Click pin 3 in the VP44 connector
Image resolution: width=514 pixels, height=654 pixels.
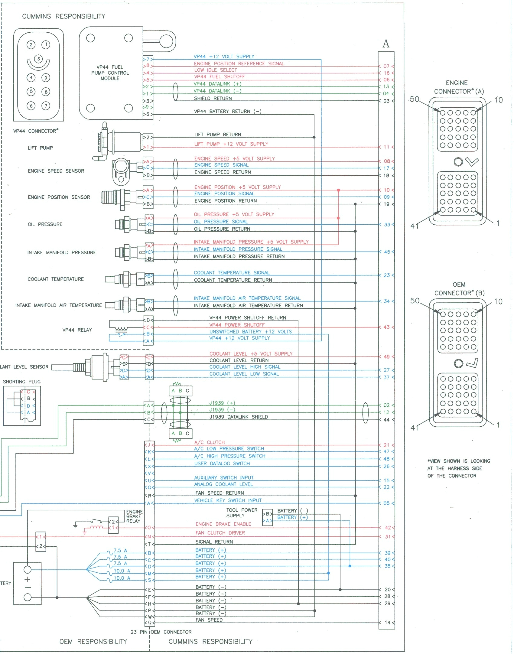click(x=38, y=59)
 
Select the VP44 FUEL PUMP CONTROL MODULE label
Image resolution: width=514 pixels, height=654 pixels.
click(x=110, y=73)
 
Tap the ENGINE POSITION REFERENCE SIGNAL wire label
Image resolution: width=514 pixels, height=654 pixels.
click(x=239, y=63)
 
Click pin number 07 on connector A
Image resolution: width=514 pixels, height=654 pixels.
click(x=386, y=66)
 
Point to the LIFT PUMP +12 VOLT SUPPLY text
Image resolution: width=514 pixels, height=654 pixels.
click(x=231, y=144)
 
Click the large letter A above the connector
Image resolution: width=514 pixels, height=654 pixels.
click(x=386, y=44)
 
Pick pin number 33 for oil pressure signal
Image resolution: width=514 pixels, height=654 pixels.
click(x=387, y=225)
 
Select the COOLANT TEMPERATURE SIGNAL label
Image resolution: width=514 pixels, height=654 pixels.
click(x=232, y=273)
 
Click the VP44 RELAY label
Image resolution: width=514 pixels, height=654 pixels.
click(x=77, y=330)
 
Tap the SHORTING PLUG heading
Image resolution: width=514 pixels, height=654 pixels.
click(x=22, y=382)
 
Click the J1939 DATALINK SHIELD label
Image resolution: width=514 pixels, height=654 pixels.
click(x=239, y=417)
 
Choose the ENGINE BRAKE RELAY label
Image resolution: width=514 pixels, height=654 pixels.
click(x=134, y=516)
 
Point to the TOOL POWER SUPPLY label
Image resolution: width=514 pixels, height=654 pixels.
click(x=242, y=513)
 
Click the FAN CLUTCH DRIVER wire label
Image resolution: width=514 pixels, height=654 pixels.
click(x=220, y=533)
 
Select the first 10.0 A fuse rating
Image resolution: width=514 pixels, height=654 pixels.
click(x=122, y=571)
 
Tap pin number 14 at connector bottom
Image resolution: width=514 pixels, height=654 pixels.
click(x=387, y=623)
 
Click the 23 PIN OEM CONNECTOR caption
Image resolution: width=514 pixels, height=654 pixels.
click(x=161, y=632)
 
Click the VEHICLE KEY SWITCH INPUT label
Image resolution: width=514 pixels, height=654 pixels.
click(x=228, y=500)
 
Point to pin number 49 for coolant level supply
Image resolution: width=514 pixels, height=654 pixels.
click(x=387, y=357)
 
